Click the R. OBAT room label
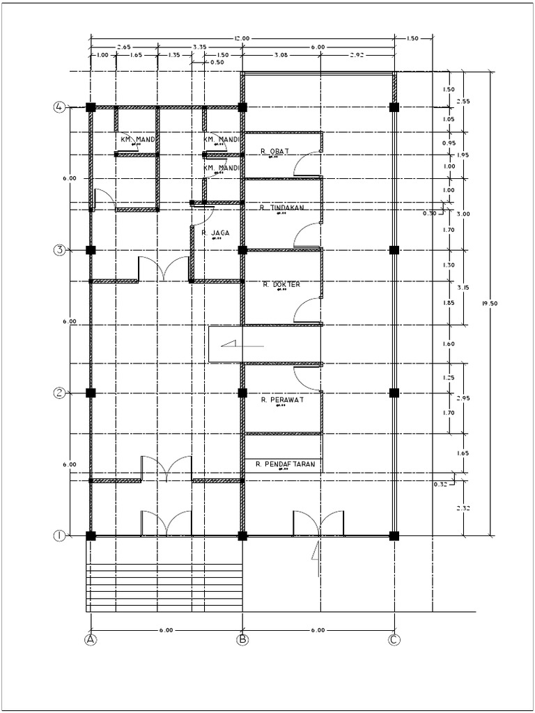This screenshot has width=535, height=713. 274,151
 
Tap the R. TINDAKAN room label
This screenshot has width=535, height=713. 281,207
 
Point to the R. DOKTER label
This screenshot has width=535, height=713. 281,284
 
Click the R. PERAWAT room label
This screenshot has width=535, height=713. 282,400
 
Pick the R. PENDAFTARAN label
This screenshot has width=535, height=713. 286,464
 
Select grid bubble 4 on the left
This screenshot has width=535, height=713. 59,107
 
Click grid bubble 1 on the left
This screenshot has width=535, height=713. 59,535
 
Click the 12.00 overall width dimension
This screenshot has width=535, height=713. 242,38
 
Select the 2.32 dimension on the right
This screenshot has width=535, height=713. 463,509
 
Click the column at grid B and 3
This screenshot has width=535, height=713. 242,250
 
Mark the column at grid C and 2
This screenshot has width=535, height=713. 394,393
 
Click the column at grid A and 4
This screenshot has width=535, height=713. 90,107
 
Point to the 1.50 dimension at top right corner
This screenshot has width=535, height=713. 414,38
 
